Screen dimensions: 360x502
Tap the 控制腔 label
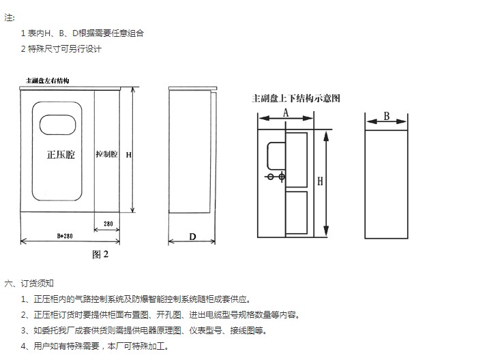[106, 155]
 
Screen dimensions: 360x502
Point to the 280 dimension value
[108, 223]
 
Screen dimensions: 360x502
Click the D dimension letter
[192, 237]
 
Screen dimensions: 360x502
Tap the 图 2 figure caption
[100, 254]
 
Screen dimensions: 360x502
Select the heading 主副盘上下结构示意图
[296, 98]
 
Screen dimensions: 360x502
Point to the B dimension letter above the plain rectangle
[386, 116]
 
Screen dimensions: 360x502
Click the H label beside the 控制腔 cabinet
[128, 155]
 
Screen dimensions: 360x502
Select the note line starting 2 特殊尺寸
[62, 48]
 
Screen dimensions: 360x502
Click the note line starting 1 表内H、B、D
[82, 33]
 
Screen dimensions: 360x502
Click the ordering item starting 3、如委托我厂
[143, 330]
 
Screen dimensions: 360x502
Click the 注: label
[10, 17]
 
